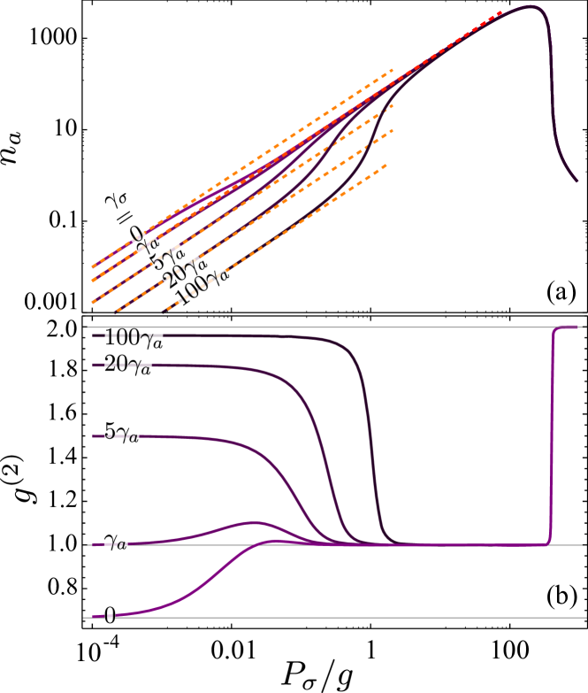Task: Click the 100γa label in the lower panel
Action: (133, 337)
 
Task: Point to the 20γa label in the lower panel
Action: (127, 363)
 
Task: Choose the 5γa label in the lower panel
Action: (121, 433)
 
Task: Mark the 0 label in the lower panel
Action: (110, 613)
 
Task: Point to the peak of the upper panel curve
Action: (533, 6)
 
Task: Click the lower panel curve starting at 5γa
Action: (221, 439)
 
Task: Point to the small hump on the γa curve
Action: (255, 522)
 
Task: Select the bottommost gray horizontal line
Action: (354, 618)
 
